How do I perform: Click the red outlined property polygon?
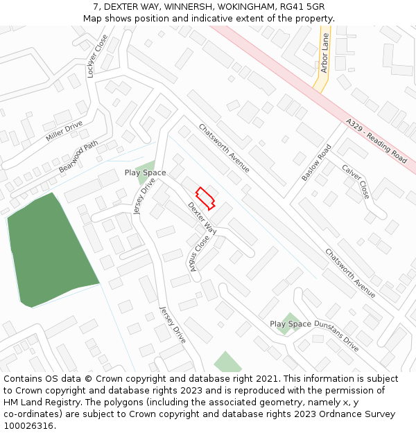[x=205, y=197]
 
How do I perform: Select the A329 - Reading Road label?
[x=376, y=141]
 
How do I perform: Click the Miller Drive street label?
[x=64, y=131]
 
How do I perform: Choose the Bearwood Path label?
[x=78, y=158]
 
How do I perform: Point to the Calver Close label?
[x=356, y=182]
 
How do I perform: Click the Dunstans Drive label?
[x=336, y=336]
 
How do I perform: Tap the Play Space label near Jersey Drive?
[x=145, y=173]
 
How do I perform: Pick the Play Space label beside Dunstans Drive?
[x=290, y=324]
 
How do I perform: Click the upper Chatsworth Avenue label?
[x=223, y=148]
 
